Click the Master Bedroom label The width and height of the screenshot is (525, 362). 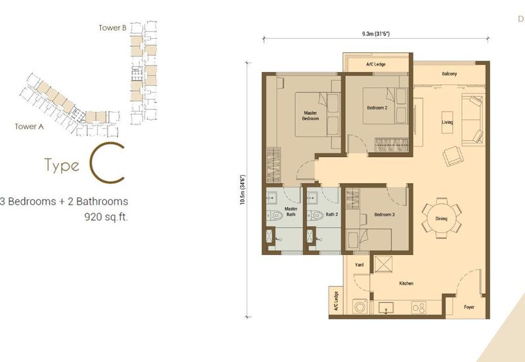pyautogui.click(x=310, y=115)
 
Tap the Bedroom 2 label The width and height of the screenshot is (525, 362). pyautogui.click(x=377, y=108)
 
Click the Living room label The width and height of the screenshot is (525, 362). pyautogui.click(x=448, y=123)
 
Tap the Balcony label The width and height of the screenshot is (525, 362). pyautogui.click(x=450, y=74)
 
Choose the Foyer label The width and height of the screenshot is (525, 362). pyautogui.click(x=469, y=307)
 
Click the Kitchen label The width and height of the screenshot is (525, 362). pyautogui.click(x=407, y=283)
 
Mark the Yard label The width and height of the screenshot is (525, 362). pyautogui.click(x=359, y=265)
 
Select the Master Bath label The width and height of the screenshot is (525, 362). pyautogui.click(x=291, y=211)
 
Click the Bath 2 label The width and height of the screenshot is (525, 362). pyautogui.click(x=332, y=214)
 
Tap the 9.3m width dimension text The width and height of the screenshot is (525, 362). pyautogui.click(x=376, y=33)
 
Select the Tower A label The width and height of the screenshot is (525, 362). pyautogui.click(x=30, y=127)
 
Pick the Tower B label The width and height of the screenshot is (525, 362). pyautogui.click(x=112, y=28)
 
